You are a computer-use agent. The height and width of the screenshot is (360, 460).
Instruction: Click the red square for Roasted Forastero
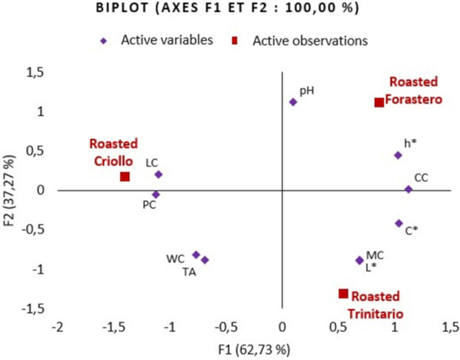[x=379, y=102]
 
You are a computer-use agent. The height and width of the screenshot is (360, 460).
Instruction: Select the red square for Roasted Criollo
[x=125, y=177]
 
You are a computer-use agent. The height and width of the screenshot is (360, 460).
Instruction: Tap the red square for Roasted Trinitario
[x=343, y=294]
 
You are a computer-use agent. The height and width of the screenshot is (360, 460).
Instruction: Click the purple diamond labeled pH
[x=293, y=102]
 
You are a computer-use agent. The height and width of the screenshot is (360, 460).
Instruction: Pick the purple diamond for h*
[x=398, y=155]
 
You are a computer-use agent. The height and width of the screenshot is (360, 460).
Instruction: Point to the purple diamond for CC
[x=408, y=189]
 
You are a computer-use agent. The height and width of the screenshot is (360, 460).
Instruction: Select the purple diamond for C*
[x=399, y=223]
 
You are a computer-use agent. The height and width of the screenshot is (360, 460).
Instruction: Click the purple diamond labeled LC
[x=158, y=175]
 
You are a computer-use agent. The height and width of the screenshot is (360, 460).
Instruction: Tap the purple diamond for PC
[x=156, y=195]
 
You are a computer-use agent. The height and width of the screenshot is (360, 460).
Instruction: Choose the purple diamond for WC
[x=196, y=255]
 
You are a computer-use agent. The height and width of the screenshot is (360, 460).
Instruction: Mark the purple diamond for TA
[x=205, y=260]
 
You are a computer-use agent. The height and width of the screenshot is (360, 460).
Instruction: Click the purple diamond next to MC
[x=359, y=261]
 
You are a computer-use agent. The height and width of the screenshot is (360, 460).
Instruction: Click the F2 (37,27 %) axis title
[x=10, y=189]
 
